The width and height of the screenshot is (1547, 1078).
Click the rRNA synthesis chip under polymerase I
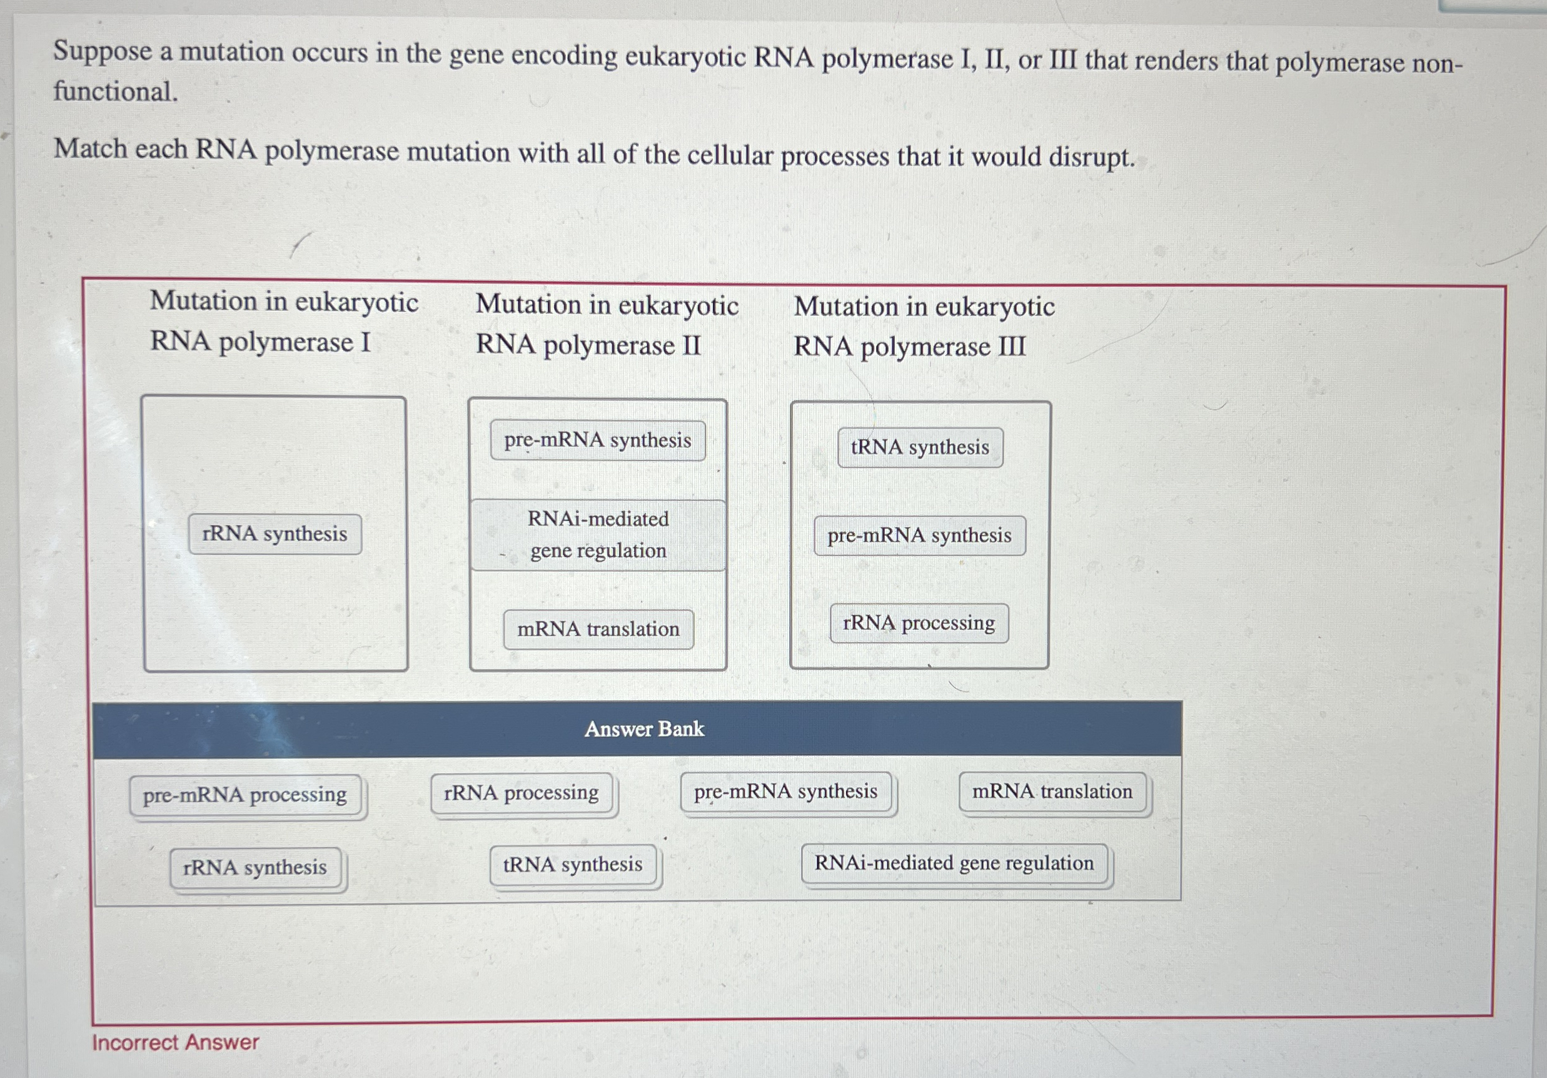(275, 534)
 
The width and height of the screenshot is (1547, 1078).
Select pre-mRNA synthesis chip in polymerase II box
(598, 440)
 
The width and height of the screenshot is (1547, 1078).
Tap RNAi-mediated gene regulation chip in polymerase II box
(598, 534)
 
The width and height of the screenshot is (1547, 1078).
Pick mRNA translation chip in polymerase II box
(598, 629)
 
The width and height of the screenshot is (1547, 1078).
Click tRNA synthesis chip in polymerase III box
(920, 447)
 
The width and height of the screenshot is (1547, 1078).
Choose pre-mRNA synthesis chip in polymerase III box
(919, 536)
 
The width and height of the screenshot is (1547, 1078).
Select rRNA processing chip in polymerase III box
(919, 623)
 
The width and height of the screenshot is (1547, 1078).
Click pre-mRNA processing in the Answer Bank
(245, 796)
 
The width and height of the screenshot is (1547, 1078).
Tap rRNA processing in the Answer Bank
(522, 793)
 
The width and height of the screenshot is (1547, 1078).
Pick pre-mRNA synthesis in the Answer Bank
(785, 791)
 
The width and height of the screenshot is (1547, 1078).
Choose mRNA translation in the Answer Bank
(1052, 791)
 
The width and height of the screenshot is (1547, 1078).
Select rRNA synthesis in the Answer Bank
(254, 867)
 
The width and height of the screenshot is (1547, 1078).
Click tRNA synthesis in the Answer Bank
(573, 864)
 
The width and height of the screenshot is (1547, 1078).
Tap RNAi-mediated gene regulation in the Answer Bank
(954, 863)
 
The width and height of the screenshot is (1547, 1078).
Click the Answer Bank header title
(644, 729)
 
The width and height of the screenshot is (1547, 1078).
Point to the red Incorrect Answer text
(175, 1042)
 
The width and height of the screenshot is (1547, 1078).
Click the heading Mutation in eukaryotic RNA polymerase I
(284, 321)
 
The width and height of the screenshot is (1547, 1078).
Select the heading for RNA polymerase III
(924, 327)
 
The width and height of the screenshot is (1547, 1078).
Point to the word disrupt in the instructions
(1091, 157)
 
